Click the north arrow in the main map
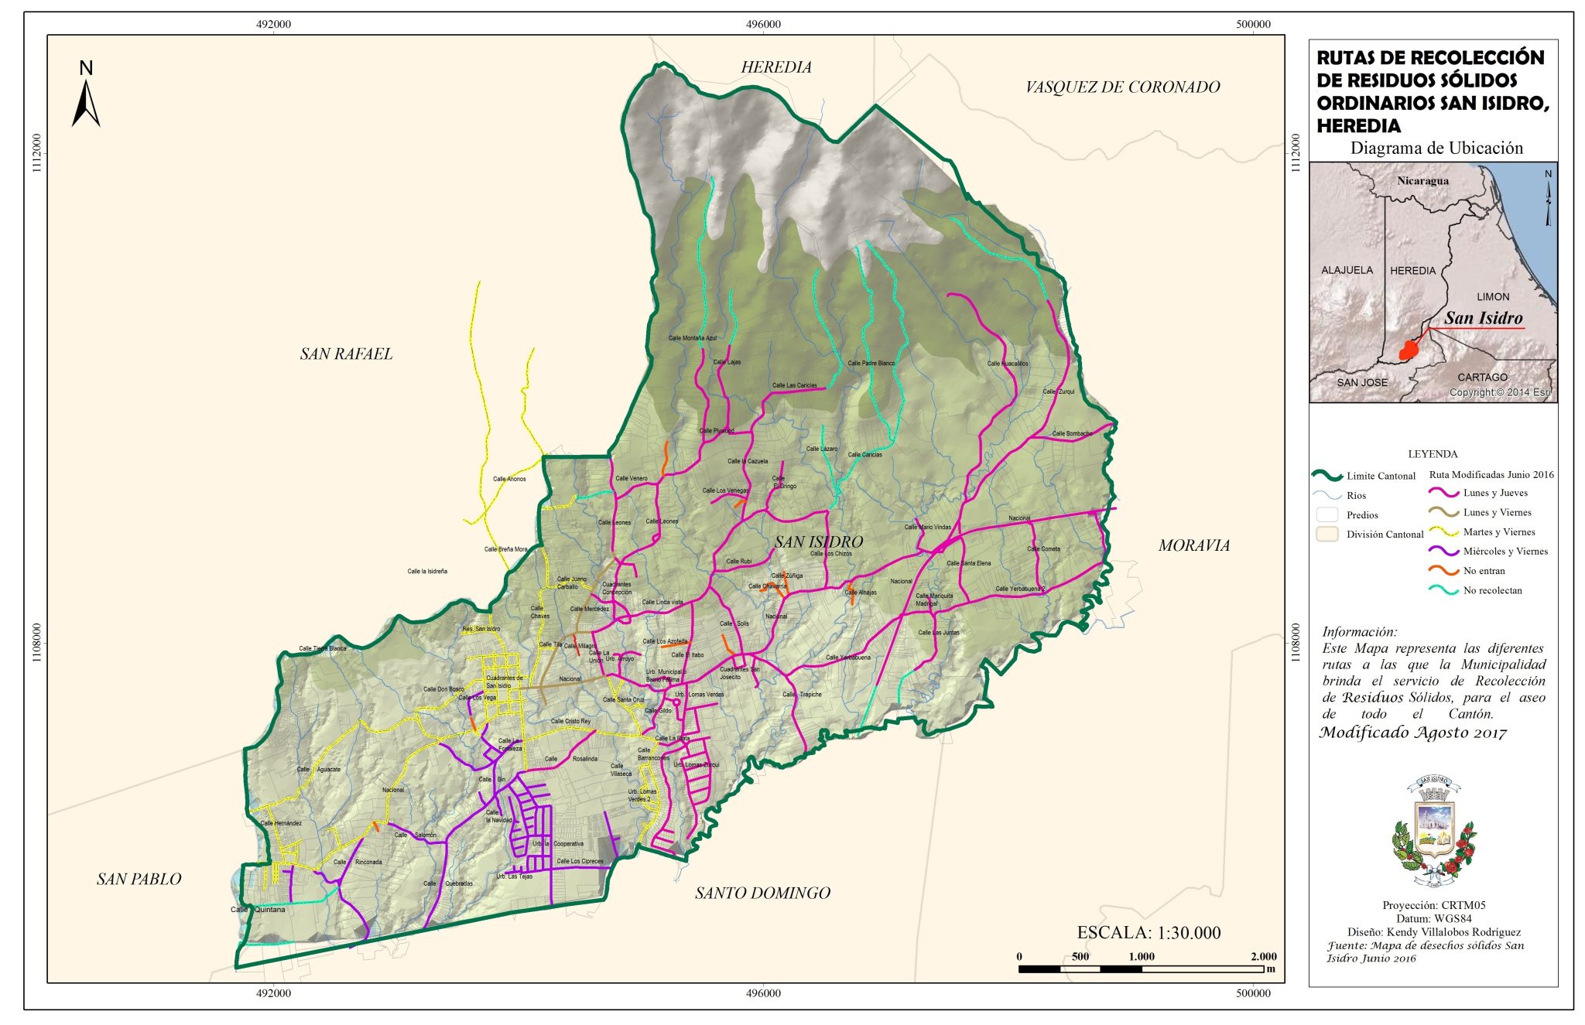pos(86,97)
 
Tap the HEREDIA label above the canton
pos(776,67)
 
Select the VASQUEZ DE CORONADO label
pos(1122,87)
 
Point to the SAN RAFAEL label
pos(346,354)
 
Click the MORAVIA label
pos(1193,545)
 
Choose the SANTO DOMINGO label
pos(762,893)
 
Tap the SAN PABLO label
pos(139,880)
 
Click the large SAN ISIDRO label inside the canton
pos(818,542)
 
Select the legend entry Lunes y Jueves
pos(1494,493)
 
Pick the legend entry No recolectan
pos(1491,590)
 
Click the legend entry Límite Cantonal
pos(1380,476)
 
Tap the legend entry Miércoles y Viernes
pos(1505,552)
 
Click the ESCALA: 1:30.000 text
pos(1149,933)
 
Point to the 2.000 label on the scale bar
pos(1263,957)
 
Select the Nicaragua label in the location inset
pos(1422,181)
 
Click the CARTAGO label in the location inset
pos(1482,378)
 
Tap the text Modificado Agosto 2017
pos(1412,733)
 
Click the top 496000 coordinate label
pos(763,24)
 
